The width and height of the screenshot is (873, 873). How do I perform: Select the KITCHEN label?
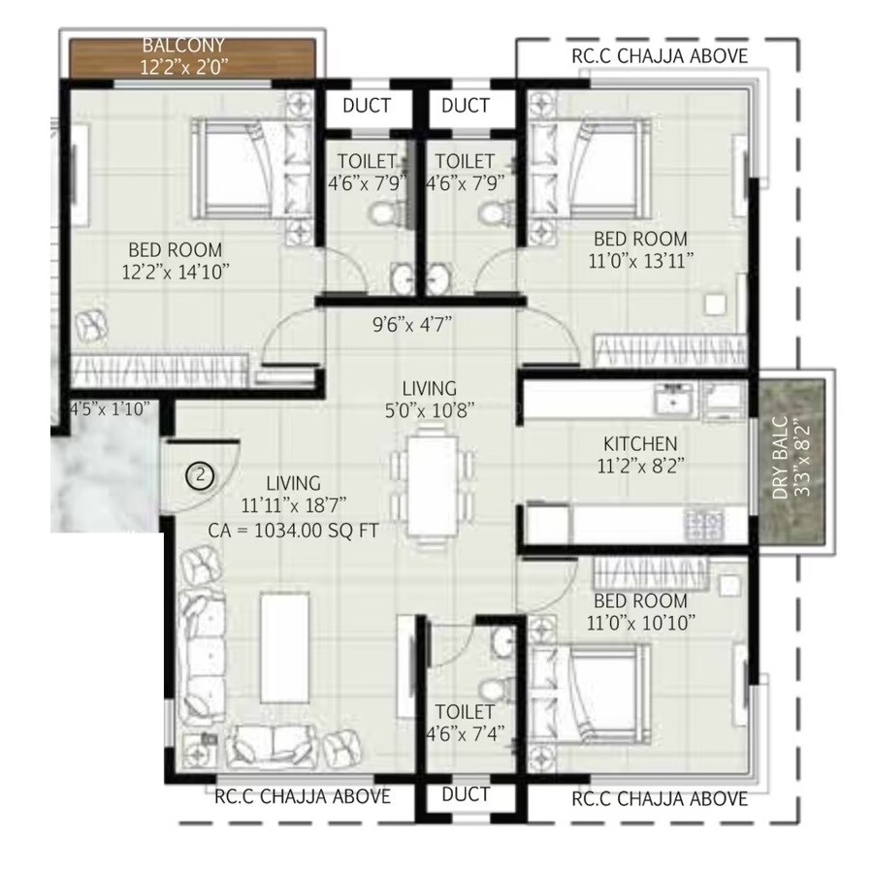pos(638,443)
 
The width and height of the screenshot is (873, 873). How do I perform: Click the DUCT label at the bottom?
pos(465,794)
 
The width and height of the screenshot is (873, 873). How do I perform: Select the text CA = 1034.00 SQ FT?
pos(293,530)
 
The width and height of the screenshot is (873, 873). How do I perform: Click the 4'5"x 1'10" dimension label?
pos(108,408)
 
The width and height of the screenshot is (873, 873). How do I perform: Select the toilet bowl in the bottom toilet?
pos(501,639)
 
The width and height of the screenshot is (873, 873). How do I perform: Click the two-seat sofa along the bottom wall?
pos(273,745)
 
